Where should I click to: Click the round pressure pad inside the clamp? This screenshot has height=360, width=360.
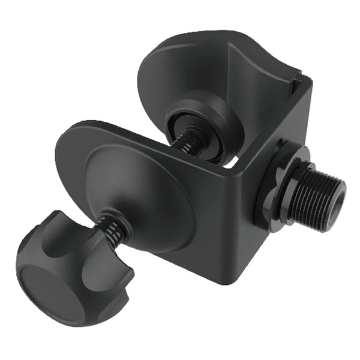[204, 126]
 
